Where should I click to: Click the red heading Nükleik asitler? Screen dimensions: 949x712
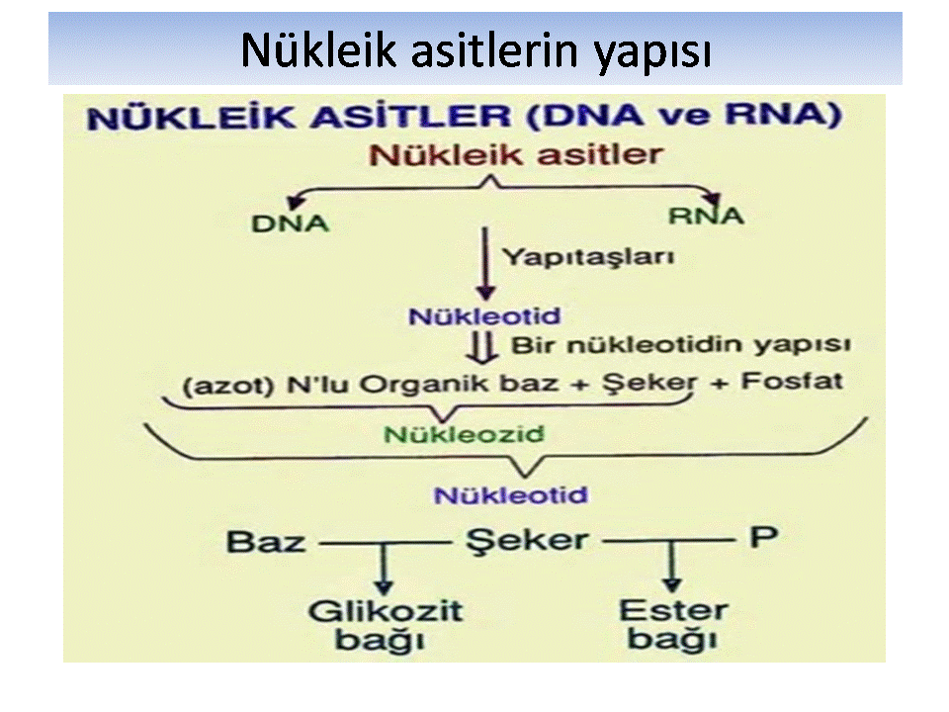[516, 154]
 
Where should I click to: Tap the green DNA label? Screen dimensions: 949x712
[290, 223]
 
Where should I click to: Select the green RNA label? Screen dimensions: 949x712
[706, 216]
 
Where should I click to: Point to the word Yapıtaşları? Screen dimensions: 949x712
[589, 257]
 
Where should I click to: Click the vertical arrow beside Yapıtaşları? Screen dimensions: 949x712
[484, 264]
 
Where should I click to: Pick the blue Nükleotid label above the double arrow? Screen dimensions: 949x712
[484, 316]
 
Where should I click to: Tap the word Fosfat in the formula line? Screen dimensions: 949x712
[792, 381]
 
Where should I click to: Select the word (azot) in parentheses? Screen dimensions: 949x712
[228, 386]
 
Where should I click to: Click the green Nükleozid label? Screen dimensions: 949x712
[465, 434]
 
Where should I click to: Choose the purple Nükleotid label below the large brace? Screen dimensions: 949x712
[511, 495]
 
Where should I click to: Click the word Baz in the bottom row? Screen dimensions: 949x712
[266, 542]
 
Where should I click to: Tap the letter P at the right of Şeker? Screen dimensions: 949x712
[764, 537]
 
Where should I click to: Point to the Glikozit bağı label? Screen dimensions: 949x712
[385, 626]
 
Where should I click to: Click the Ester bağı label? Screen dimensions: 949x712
[673, 625]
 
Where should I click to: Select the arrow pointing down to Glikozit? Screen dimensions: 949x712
[383, 570]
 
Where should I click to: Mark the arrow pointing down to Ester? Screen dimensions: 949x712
[671, 567]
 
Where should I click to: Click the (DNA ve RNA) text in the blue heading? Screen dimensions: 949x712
[684, 115]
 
